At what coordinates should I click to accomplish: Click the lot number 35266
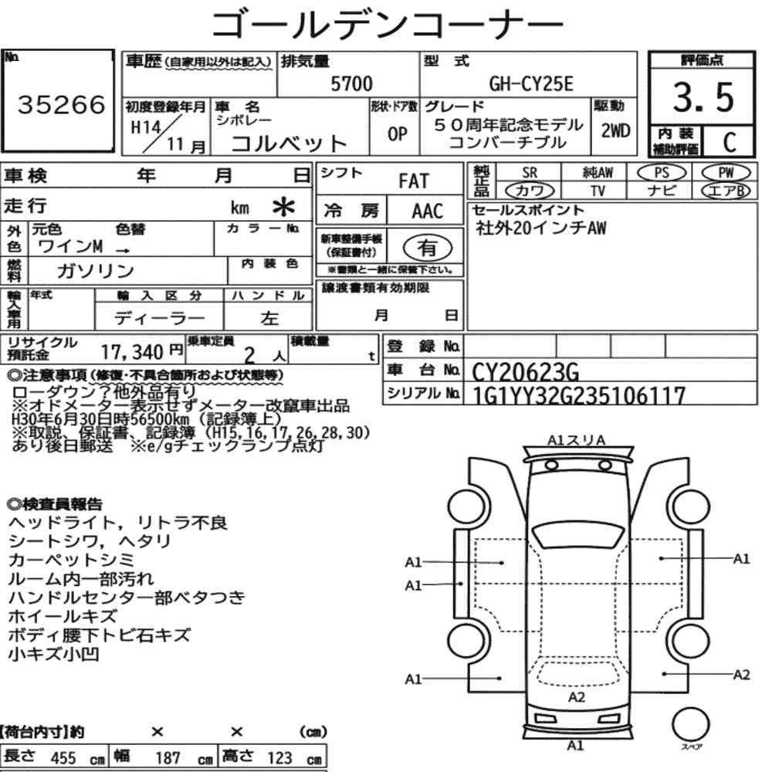point(62,104)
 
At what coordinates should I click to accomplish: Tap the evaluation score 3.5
point(703,97)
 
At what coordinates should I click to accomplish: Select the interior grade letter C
point(730,142)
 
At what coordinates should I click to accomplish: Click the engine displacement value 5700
point(351,83)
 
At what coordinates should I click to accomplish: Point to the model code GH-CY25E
point(531,83)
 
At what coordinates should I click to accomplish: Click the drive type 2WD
point(615,130)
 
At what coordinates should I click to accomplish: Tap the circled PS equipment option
point(662,173)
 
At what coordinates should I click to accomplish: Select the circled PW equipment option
point(726,173)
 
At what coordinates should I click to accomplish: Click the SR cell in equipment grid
point(530,173)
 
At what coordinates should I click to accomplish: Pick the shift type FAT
point(414,181)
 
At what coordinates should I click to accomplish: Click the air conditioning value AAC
point(427,212)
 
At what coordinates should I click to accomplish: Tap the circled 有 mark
point(428,248)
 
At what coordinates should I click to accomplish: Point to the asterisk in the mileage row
point(283,207)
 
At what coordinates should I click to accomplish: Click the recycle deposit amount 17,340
point(132,352)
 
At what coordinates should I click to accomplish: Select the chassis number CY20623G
point(525,372)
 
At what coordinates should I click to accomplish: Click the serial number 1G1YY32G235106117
point(578,395)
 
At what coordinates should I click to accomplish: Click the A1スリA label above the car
point(576,440)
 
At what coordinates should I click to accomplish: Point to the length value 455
point(63,758)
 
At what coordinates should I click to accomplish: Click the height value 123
point(279,758)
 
